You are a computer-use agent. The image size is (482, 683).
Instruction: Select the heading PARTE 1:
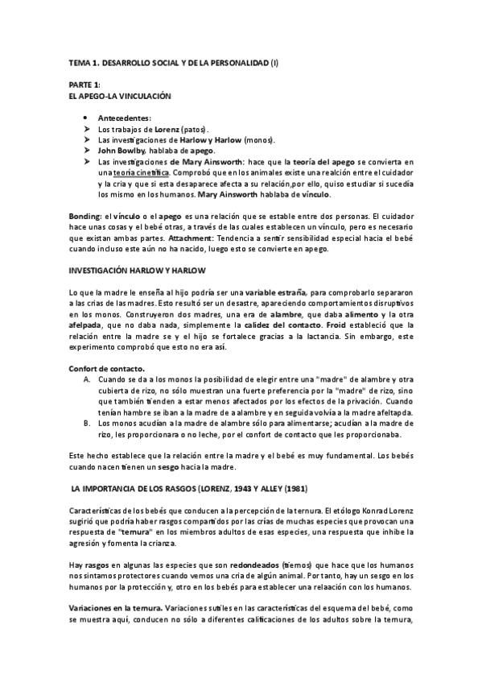84,85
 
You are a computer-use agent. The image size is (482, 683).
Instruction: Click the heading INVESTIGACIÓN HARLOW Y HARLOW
137,271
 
